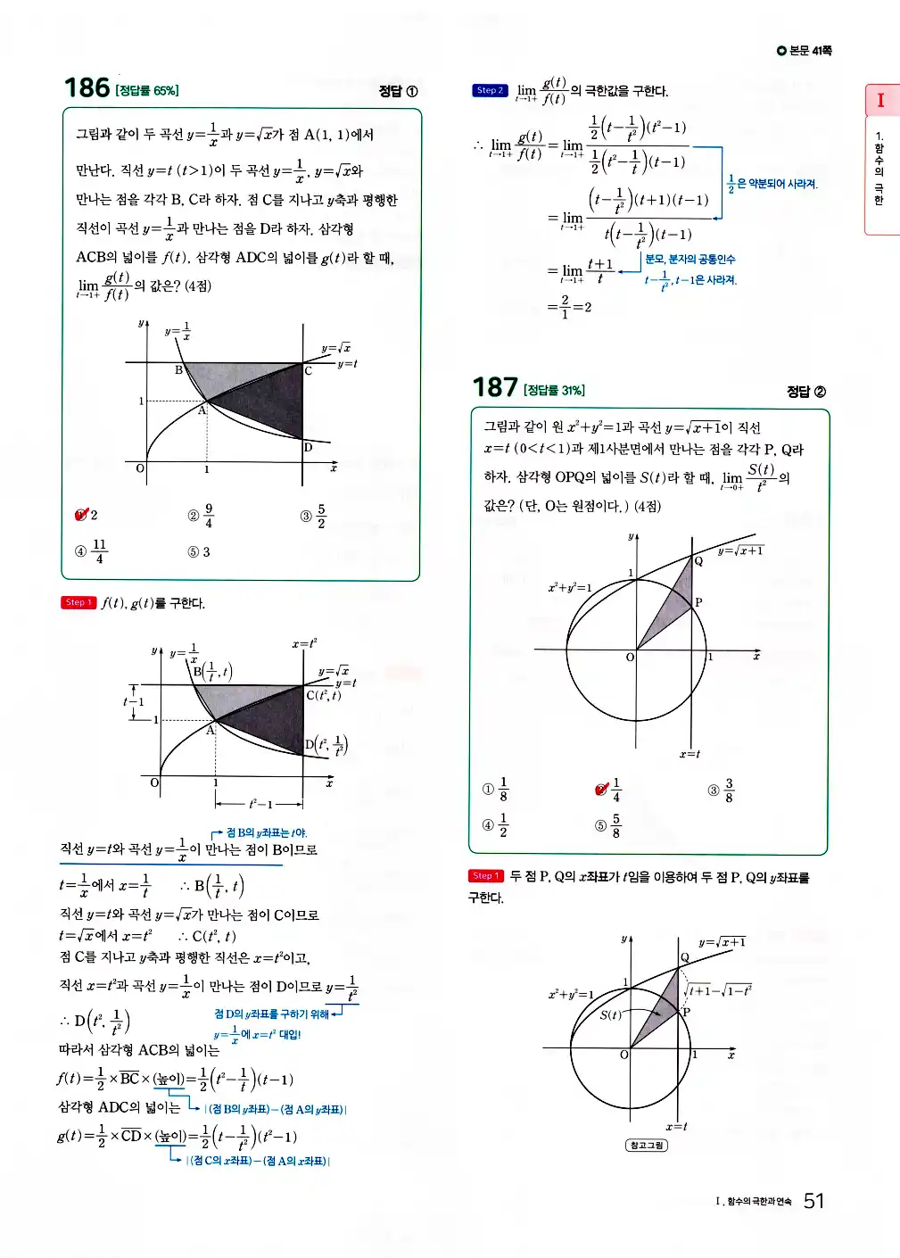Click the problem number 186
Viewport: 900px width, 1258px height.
(87, 87)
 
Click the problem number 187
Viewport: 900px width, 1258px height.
(495, 387)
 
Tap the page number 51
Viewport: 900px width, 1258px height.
(813, 1201)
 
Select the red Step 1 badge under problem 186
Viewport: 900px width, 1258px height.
(78, 602)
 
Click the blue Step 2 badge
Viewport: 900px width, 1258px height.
(490, 90)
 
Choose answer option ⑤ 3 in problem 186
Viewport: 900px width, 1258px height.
(199, 552)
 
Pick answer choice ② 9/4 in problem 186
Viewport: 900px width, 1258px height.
(201, 516)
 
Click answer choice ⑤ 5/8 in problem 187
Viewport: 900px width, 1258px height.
(607, 825)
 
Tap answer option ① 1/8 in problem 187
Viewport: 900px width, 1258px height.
(495, 790)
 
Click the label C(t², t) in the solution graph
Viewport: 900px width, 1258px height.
(323, 695)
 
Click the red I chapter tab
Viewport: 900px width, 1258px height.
(880, 100)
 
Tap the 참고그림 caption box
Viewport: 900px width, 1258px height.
(647, 1145)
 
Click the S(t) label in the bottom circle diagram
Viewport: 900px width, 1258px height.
(610, 1014)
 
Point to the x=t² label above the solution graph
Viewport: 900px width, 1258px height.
(304, 643)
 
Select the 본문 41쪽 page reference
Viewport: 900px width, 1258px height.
(805, 51)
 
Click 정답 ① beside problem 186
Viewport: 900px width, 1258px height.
(398, 91)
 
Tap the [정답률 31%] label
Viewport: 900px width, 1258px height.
(555, 391)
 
